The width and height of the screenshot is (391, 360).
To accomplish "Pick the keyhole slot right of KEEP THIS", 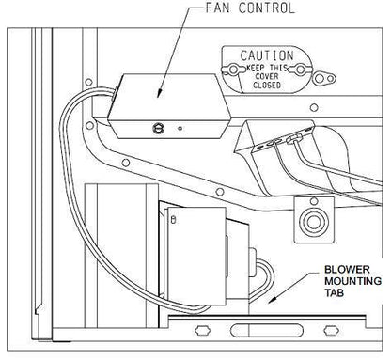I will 304,69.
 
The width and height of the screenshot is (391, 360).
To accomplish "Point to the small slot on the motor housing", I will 171,221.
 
